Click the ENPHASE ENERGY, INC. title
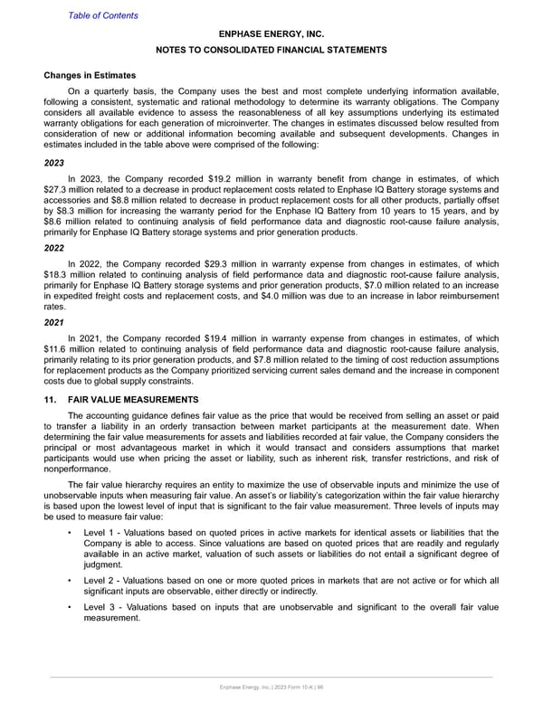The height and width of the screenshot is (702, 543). pos(271,33)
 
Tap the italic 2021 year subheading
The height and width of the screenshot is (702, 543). pos(54,319)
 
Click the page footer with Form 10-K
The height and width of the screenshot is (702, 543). pos(271,690)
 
